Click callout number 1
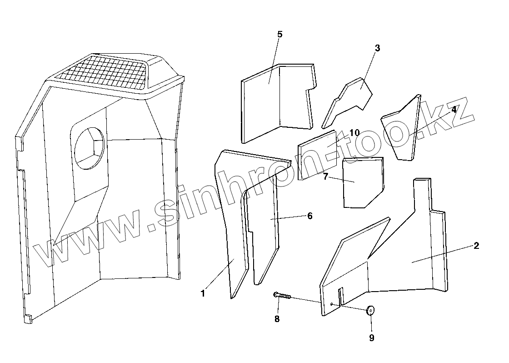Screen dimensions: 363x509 pyautogui.click(x=203, y=293)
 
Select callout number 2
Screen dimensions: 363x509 pyautogui.click(x=476, y=246)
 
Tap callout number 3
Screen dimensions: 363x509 pyautogui.click(x=377, y=48)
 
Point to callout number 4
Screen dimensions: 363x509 pyautogui.click(x=454, y=109)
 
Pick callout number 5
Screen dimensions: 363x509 pyautogui.click(x=279, y=35)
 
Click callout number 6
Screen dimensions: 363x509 pyautogui.click(x=310, y=216)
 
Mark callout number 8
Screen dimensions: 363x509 pyautogui.click(x=277, y=319)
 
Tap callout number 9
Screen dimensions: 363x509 pyautogui.click(x=371, y=338)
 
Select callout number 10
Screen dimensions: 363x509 pyautogui.click(x=354, y=132)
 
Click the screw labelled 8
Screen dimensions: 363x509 pyautogui.click(x=283, y=296)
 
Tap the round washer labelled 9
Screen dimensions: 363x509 pyautogui.click(x=371, y=311)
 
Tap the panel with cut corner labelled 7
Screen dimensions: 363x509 pyautogui.click(x=362, y=182)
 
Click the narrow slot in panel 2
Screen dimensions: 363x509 pyautogui.click(x=342, y=296)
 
